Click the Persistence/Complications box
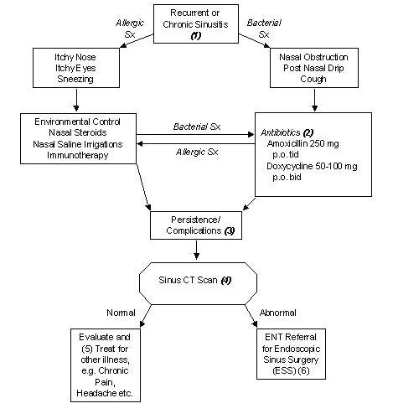pyautogui.click(x=195, y=224)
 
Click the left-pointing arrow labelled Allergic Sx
pyautogui.click(x=198, y=143)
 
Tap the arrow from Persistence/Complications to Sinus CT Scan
pyautogui.click(x=195, y=248)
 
